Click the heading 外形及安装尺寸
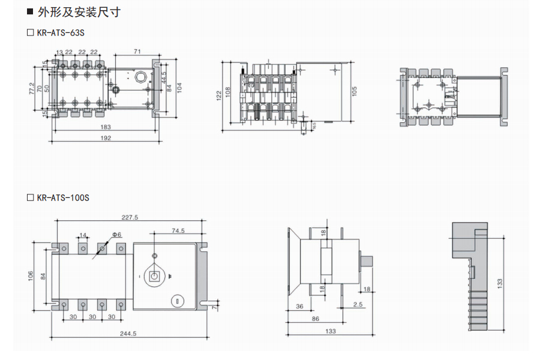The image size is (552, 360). [79, 12]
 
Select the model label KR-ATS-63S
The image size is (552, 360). [61, 32]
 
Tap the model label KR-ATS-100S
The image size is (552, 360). [62, 197]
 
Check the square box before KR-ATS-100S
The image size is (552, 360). [31, 197]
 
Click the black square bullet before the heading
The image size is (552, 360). [30, 12]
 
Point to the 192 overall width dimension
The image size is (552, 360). [106, 138]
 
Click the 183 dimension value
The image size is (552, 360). [106, 127]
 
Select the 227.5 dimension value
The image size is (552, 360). [130, 217]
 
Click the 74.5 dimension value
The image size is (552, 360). [178, 230]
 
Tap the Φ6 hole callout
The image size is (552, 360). [116, 234]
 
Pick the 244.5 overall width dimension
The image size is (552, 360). [129, 334]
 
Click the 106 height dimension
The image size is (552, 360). [31, 276]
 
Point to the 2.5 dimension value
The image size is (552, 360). [358, 305]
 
